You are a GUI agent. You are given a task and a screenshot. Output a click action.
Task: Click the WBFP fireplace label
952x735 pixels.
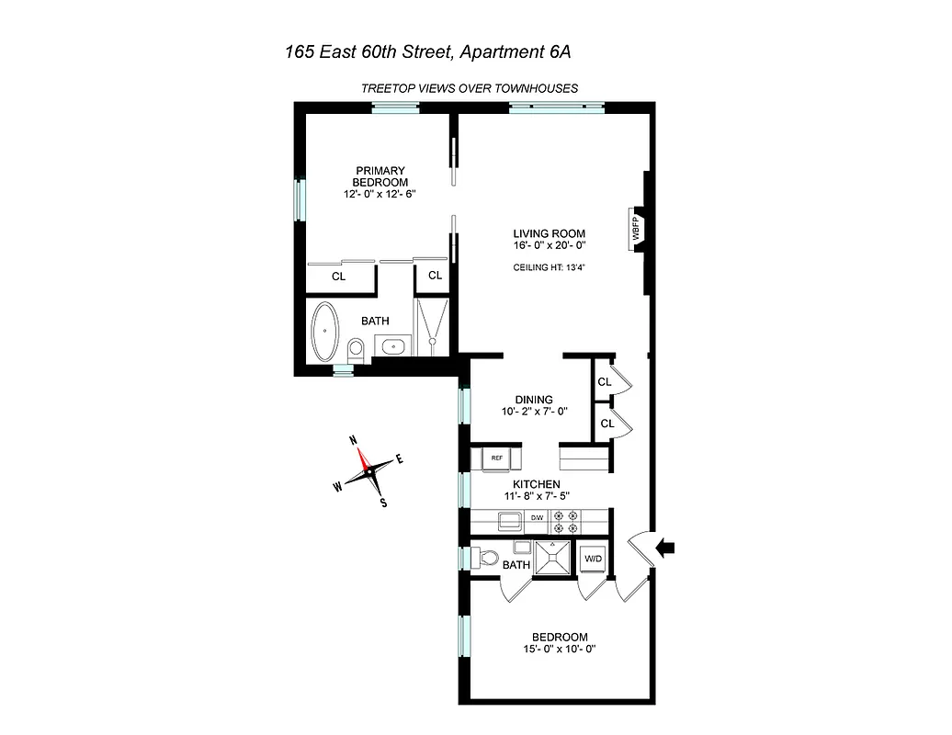pos(635,227)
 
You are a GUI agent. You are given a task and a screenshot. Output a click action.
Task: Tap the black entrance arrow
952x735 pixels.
pos(665,548)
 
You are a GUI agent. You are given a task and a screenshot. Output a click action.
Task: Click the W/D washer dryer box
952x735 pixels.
pos(591,558)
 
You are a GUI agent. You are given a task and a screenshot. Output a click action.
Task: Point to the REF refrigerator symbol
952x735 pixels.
pos(496,458)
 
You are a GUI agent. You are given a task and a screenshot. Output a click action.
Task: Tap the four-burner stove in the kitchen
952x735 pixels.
pos(565,522)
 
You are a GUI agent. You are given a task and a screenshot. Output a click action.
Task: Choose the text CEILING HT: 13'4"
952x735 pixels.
pos(550,267)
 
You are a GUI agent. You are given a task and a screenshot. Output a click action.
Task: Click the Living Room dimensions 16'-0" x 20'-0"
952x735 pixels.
pos(550,245)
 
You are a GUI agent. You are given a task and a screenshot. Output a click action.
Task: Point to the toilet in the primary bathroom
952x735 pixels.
pos(357,348)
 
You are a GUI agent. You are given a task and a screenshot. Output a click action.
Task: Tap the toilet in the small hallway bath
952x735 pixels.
pos(486,558)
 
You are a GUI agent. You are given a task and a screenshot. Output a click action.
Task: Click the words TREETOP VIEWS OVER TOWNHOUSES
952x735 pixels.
pos(469,88)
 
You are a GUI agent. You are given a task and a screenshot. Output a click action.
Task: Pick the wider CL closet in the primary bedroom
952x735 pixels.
pos(338,276)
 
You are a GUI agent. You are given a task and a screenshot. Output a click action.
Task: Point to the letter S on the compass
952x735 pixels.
pos(383,503)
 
